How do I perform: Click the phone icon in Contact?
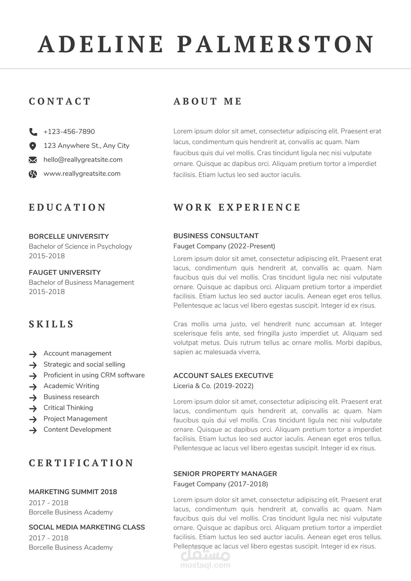click(x=33, y=132)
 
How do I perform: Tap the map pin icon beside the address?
click(x=33, y=146)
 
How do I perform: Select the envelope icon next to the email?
click(x=33, y=160)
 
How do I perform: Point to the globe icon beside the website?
click(x=33, y=174)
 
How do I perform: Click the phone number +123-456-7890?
click(x=69, y=132)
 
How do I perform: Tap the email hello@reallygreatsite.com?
click(x=83, y=159)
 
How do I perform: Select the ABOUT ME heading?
click(x=208, y=101)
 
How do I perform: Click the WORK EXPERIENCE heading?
click(x=237, y=207)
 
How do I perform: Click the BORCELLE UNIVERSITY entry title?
click(x=69, y=236)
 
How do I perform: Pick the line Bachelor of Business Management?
click(x=81, y=282)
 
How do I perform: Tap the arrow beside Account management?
click(x=33, y=354)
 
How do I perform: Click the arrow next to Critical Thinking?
click(x=33, y=408)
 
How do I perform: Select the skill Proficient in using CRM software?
click(x=94, y=375)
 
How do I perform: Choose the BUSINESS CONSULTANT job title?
click(x=216, y=236)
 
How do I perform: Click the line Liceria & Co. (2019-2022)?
click(x=213, y=386)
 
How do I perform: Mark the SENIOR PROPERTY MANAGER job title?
click(x=225, y=474)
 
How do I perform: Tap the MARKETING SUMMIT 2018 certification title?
click(x=73, y=492)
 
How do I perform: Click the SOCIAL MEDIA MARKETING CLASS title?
click(x=87, y=527)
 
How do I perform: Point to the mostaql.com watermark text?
click(x=205, y=565)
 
